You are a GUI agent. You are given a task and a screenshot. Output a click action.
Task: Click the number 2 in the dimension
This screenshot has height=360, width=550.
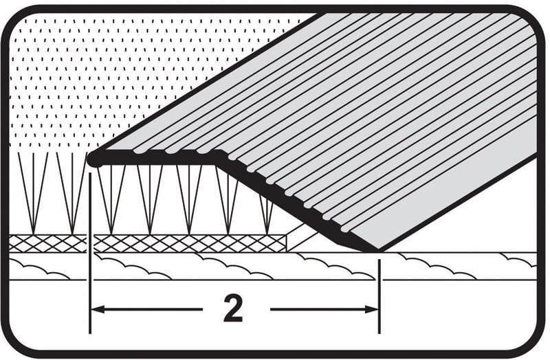pyautogui.click(x=233, y=308)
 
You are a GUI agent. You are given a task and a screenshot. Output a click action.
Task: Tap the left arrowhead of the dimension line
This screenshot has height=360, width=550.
pyautogui.click(x=98, y=309)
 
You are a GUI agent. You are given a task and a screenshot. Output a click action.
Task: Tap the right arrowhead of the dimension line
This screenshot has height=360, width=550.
pyautogui.click(x=371, y=309)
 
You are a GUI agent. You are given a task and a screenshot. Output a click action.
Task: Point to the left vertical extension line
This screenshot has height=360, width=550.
pyautogui.click(x=90, y=253)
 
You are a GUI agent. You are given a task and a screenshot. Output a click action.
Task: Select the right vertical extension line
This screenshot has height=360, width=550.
pyautogui.click(x=379, y=296)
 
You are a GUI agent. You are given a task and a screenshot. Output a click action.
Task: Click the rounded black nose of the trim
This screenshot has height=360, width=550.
pyautogui.click(x=95, y=159)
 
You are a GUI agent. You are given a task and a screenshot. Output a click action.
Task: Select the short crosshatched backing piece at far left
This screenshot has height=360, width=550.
pyautogui.click(x=47, y=244)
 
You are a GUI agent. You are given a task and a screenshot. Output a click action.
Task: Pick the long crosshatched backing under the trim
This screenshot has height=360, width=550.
pyautogui.click(x=190, y=244)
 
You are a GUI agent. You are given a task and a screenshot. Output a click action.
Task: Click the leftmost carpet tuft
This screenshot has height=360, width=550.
pyautogui.click(x=33, y=193)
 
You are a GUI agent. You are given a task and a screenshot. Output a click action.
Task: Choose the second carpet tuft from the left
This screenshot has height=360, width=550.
pyautogui.click(x=72, y=193)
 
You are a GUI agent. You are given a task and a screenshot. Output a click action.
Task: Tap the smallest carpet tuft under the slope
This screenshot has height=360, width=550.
pyautogui.click(x=267, y=214)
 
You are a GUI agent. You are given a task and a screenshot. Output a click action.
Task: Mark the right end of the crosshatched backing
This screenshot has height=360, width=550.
pyautogui.click(x=286, y=244)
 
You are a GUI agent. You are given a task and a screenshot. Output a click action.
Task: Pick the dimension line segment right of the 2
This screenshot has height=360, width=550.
pyautogui.click(x=324, y=309)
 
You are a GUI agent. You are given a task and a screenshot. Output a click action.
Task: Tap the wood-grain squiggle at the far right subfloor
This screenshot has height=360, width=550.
pyautogui.click(x=518, y=260)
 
